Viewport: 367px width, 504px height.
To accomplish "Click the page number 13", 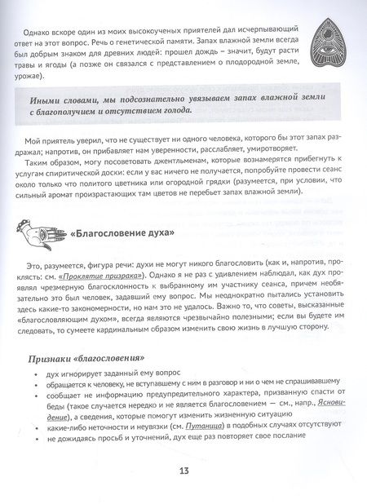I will pyautogui.click(x=184, y=471).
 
